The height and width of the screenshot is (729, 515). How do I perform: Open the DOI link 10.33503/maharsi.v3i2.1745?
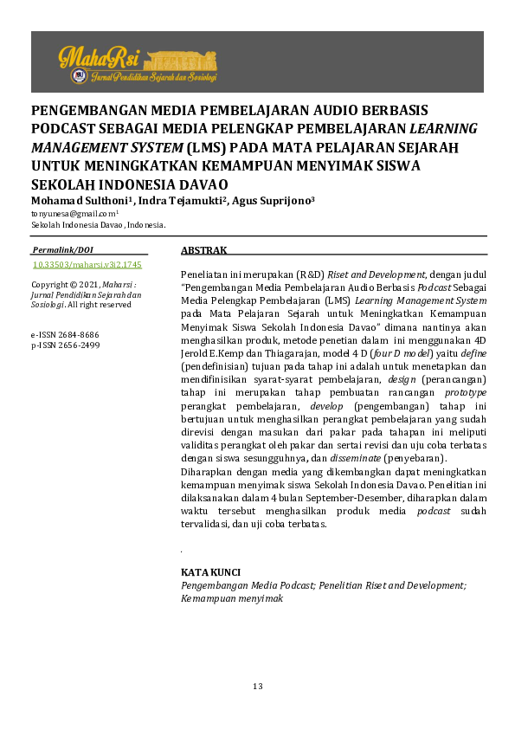(87, 265)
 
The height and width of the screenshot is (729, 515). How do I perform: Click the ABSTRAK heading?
(203, 250)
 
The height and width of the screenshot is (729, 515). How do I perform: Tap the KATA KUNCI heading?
(210, 573)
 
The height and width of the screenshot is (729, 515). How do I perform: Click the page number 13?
(257, 687)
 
